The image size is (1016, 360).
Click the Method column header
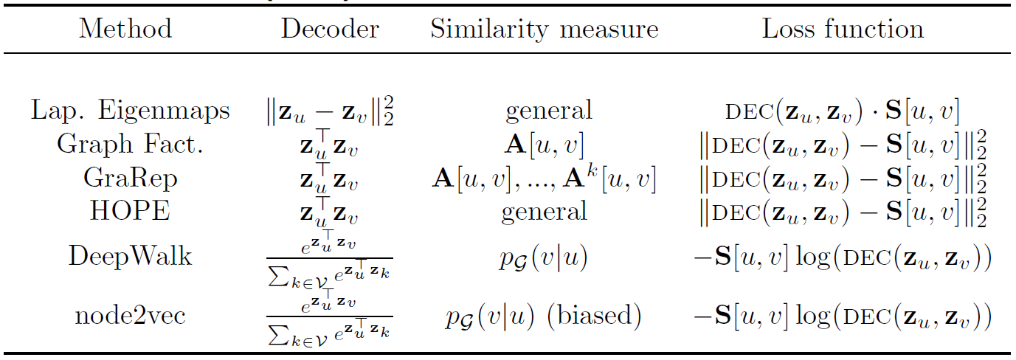pyautogui.click(x=125, y=30)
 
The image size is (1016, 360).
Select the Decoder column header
pyautogui.click(x=330, y=30)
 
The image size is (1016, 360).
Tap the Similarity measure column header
pyautogui.click(x=545, y=30)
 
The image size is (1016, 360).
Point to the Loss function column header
pyautogui.click(x=843, y=30)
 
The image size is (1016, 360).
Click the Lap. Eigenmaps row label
pyautogui.click(x=131, y=111)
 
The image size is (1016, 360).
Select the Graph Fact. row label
pyautogui.click(x=131, y=145)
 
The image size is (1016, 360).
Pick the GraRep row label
pyautogui.click(x=131, y=178)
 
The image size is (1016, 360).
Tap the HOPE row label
pyautogui.click(x=131, y=212)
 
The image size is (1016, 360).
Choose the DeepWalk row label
pyautogui.click(x=131, y=256)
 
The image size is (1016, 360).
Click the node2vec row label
pyautogui.click(x=131, y=316)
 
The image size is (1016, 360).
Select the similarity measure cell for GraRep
pyautogui.click(x=545, y=179)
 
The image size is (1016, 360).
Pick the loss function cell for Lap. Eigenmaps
pyautogui.click(x=843, y=111)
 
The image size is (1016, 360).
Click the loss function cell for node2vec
pyautogui.click(x=843, y=316)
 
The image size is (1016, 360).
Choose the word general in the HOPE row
pyautogui.click(x=545, y=212)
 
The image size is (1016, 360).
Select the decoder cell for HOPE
pyautogui.click(x=329, y=211)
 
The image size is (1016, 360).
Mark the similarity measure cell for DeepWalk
pyautogui.click(x=545, y=257)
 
